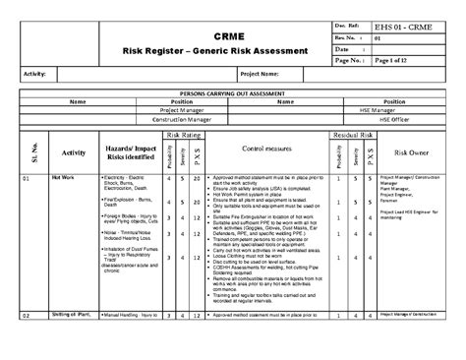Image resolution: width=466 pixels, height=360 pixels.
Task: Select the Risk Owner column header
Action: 406,153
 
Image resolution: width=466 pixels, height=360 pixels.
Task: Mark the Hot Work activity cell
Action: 62,178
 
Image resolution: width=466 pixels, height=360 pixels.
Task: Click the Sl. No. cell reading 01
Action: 28,178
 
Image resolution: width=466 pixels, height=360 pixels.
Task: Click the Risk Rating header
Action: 185,131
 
